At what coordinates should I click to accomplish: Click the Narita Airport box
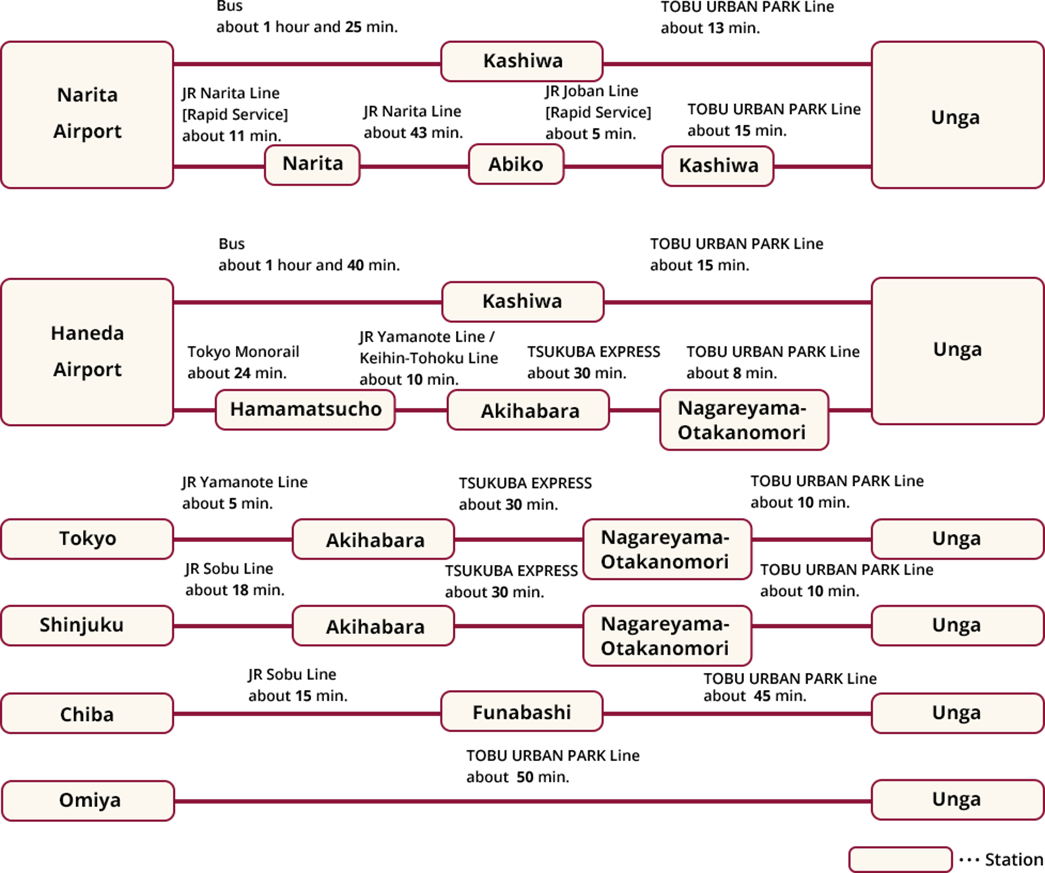coord(87,114)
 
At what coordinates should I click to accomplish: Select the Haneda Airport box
coord(87,352)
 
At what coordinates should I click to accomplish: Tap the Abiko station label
coord(516,164)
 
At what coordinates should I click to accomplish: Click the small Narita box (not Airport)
coord(312,165)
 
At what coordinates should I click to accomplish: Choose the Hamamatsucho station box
coord(305,409)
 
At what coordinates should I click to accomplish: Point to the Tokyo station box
coord(87,539)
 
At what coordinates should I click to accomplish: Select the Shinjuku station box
coord(87,625)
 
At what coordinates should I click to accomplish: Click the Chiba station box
coord(87,713)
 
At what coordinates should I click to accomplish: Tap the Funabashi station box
coord(521,711)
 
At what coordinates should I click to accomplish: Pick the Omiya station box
coord(88,800)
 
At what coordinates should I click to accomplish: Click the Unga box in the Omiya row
coord(957,799)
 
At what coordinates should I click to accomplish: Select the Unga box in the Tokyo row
coord(957,539)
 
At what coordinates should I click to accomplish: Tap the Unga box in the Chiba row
coord(957,713)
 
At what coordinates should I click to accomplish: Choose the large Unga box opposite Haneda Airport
coord(957,350)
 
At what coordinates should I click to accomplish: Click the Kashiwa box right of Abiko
coord(718,166)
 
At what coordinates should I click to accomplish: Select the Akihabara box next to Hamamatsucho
coord(528,410)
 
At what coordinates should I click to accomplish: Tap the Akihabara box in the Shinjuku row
coord(373,626)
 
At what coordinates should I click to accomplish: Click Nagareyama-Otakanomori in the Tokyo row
coord(667,549)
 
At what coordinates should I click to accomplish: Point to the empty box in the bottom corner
coord(900,860)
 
